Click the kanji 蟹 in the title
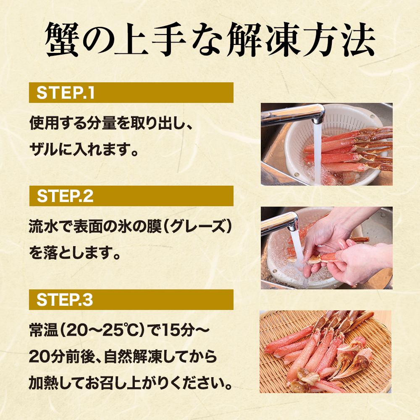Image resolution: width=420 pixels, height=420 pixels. (x=62, y=39)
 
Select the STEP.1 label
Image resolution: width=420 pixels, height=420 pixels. (x=66, y=93)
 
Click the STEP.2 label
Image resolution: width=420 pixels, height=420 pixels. (x=65, y=196)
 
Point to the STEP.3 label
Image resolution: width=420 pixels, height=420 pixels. (x=65, y=300)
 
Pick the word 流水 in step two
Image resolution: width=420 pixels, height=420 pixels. (x=43, y=227)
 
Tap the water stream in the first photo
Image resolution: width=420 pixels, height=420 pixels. (x=318, y=153)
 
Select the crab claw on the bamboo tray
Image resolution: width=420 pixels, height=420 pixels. (x=353, y=362)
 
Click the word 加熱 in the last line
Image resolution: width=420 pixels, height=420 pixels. (x=43, y=383)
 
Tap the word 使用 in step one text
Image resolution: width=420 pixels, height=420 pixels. (x=44, y=123)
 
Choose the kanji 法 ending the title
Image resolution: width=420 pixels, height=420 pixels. (x=357, y=39)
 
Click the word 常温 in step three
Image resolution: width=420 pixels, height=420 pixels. (x=44, y=330)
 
